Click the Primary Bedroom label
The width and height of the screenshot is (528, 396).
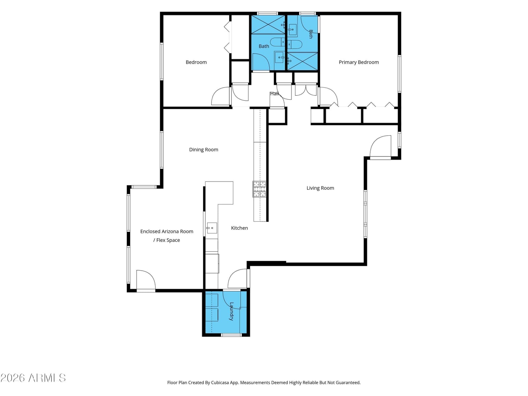359,62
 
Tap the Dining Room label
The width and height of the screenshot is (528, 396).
204,149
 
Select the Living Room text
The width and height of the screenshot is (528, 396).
320,188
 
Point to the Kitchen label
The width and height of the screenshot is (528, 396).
239,228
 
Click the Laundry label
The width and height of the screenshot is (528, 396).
231,312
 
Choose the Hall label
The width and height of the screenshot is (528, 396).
275,94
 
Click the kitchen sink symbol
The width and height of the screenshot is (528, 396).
212,228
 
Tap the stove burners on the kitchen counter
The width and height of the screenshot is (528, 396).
259,189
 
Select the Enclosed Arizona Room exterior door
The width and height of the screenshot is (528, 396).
146,280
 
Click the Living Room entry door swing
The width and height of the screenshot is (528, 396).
380,147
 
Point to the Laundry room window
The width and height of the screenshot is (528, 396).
231,335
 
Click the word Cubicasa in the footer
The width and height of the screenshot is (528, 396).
220,382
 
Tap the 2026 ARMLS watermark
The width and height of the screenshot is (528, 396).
33,378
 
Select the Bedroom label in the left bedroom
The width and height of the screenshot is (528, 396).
196,62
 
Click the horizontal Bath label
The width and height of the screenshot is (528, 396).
264,46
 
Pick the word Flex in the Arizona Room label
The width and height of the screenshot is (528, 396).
161,240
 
